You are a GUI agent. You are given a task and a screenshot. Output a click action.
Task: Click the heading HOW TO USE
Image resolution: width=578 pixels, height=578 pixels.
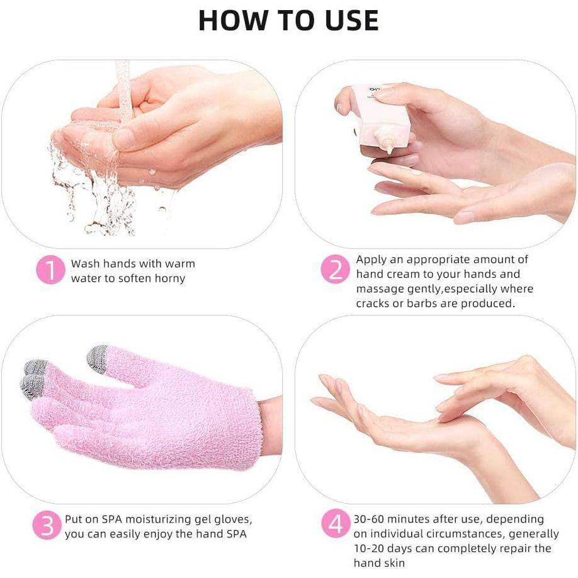coord(288,20)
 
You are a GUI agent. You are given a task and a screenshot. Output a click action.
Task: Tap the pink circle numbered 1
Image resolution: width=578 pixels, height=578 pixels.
coord(51,270)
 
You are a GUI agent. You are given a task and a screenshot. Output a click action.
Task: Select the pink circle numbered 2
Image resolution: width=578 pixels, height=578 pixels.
coord(335,269)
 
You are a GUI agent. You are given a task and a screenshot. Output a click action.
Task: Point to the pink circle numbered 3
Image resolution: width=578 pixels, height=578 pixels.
coord(47,525)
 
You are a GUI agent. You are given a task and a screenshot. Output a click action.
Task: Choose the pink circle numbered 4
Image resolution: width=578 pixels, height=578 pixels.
coord(335,524)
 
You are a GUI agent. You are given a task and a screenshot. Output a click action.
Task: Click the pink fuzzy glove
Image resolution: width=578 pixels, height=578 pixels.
coord(144,407)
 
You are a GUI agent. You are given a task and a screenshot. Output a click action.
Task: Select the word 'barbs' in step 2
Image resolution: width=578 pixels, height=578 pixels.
coord(421,303)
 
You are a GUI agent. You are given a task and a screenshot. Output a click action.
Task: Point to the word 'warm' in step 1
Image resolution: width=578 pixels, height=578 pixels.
coord(180,264)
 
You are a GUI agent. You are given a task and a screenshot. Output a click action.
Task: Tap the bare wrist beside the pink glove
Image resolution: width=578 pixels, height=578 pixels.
coord(271,425)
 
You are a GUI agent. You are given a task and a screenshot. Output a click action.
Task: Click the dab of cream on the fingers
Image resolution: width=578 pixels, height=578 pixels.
coord(416,172)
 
